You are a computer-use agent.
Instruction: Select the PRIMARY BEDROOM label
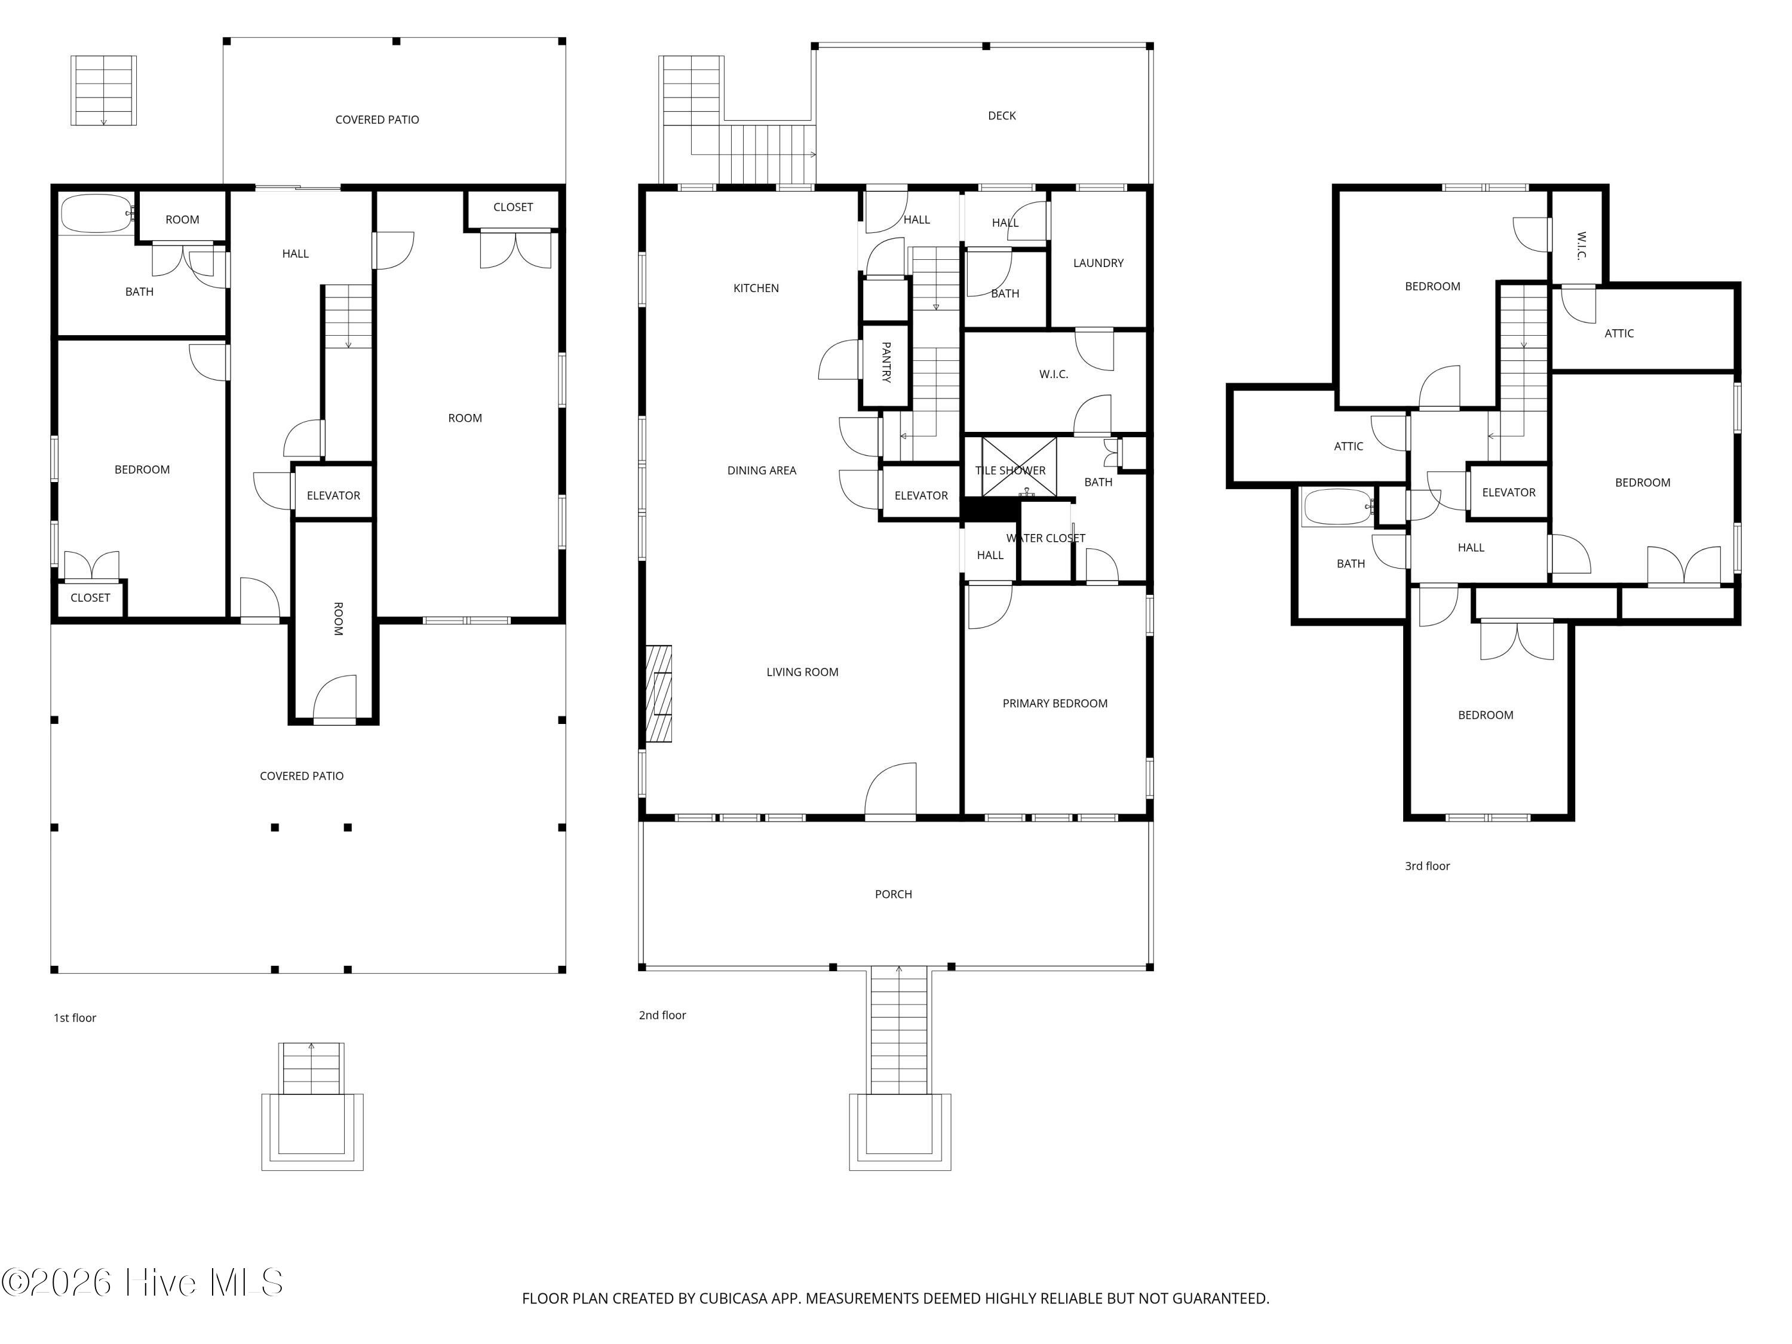coord(1055,703)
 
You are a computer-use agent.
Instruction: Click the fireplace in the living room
coord(659,694)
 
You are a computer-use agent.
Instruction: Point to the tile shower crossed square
coord(1019,467)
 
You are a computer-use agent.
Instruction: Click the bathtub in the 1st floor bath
coord(96,214)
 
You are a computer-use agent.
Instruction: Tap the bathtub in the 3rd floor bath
coord(1337,507)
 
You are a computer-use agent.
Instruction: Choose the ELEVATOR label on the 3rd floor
coord(1508,493)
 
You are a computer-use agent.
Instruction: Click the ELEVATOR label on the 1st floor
coord(333,496)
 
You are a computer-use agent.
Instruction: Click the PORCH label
coord(893,894)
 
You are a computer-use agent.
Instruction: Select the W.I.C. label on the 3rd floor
coord(1581,246)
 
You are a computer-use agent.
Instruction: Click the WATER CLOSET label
coord(1045,538)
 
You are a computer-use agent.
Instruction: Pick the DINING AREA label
coord(762,471)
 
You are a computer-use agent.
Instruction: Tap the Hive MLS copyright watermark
coord(143,1282)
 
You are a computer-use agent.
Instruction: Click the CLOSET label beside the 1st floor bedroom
coord(90,598)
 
